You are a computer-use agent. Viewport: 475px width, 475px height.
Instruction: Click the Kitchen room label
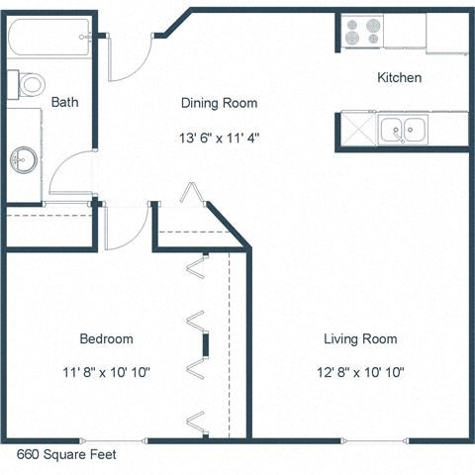(400, 77)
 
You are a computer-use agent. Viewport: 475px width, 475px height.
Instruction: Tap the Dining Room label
(219, 103)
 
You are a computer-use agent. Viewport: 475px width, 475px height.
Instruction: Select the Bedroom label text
(106, 339)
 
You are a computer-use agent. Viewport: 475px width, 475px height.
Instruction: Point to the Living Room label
(360, 339)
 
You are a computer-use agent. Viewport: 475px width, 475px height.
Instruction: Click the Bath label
(65, 101)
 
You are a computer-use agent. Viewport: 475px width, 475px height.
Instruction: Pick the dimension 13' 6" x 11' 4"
(220, 137)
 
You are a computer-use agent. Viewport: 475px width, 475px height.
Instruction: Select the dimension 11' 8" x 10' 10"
(106, 373)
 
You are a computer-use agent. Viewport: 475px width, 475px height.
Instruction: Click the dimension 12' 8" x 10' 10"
(361, 373)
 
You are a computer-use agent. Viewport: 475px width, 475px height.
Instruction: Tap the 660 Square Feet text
(66, 455)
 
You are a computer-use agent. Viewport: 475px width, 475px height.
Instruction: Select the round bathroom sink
(25, 158)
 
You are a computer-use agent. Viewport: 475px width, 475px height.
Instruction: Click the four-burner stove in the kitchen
(362, 32)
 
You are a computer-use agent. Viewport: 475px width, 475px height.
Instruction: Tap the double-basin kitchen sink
(402, 128)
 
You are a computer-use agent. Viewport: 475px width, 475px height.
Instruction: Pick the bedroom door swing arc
(126, 227)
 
